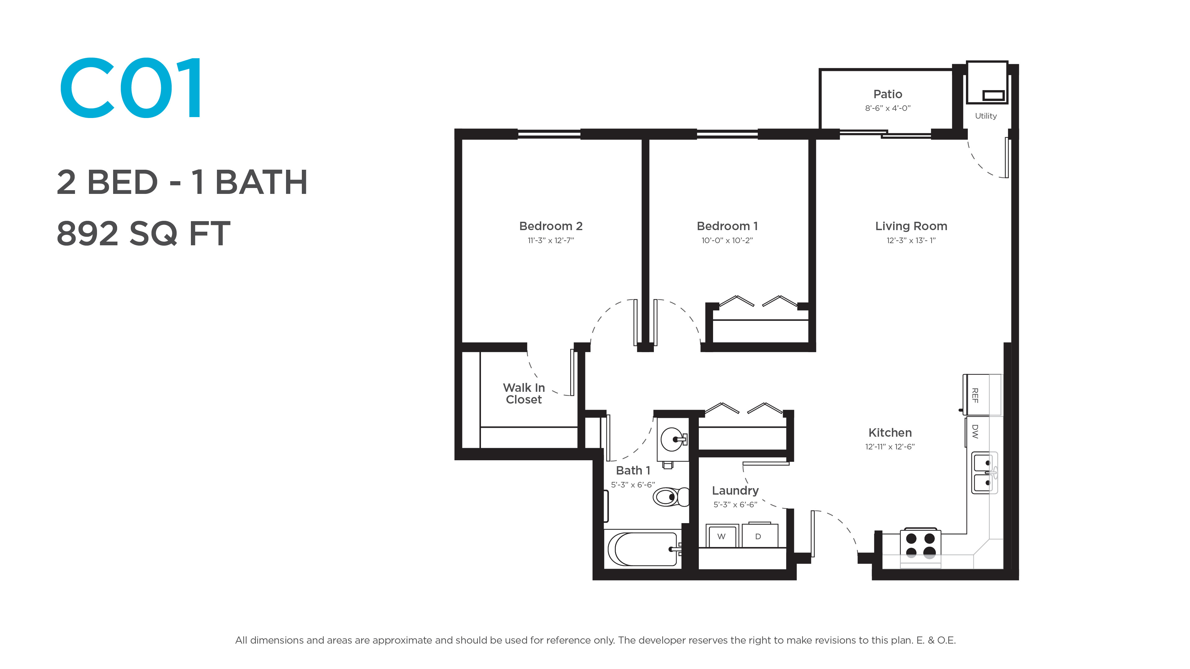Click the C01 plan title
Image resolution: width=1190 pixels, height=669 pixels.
coord(131,88)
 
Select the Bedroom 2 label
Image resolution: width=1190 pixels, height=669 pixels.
coord(551,226)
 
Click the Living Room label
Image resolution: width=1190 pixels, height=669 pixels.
coord(911,226)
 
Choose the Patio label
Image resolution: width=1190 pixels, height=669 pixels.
coord(888,94)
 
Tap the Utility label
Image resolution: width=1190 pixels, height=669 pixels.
coord(986,116)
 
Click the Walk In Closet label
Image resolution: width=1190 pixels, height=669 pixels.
coord(524,393)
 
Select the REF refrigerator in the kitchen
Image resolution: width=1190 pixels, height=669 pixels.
coord(982,395)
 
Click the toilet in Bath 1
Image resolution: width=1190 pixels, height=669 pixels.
coord(671,497)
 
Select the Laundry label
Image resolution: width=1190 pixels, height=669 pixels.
coord(735,491)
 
